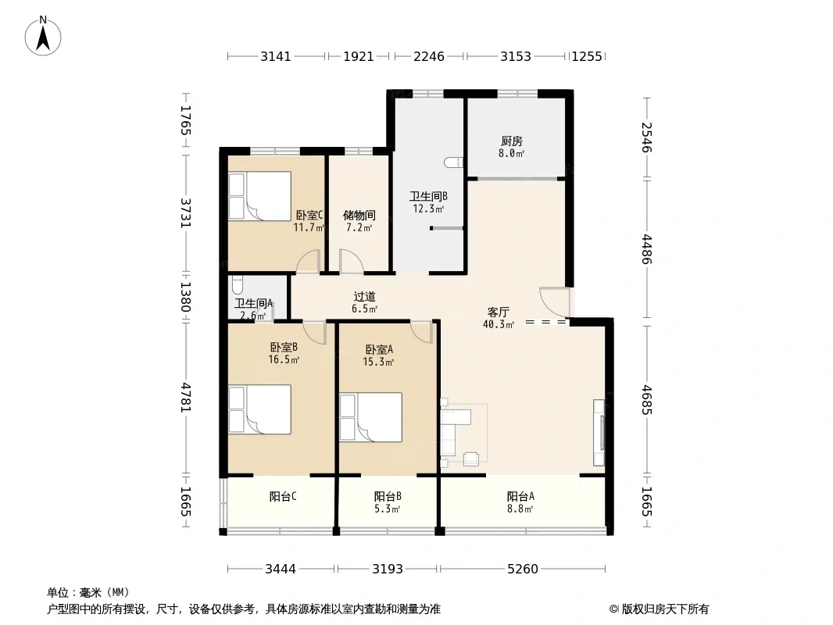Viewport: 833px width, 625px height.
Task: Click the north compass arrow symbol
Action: [x=43, y=36]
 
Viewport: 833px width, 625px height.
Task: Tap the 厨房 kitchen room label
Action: [x=512, y=141]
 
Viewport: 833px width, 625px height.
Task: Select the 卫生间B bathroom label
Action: [x=428, y=196]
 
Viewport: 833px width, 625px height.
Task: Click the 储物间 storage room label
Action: [x=359, y=215]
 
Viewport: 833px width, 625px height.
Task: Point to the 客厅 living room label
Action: [x=499, y=312]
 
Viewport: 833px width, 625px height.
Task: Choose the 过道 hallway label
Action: [x=364, y=296]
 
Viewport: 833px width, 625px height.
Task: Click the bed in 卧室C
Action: [x=259, y=196]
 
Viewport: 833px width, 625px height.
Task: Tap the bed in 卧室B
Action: [x=259, y=409]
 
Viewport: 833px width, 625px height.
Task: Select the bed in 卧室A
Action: [x=371, y=417]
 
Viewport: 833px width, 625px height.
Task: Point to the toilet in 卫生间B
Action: [x=453, y=162]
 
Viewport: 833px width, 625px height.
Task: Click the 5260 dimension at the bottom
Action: [x=523, y=569]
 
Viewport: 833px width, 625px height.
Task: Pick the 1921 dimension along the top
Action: [x=359, y=56]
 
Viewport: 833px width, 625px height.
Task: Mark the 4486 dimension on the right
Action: [x=646, y=248]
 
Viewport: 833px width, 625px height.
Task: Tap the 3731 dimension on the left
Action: [x=185, y=213]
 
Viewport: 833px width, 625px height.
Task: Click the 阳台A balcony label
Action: [x=520, y=496]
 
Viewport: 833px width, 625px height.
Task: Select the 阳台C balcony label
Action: [x=283, y=496]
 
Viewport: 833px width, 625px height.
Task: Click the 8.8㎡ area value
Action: [x=520, y=509]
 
